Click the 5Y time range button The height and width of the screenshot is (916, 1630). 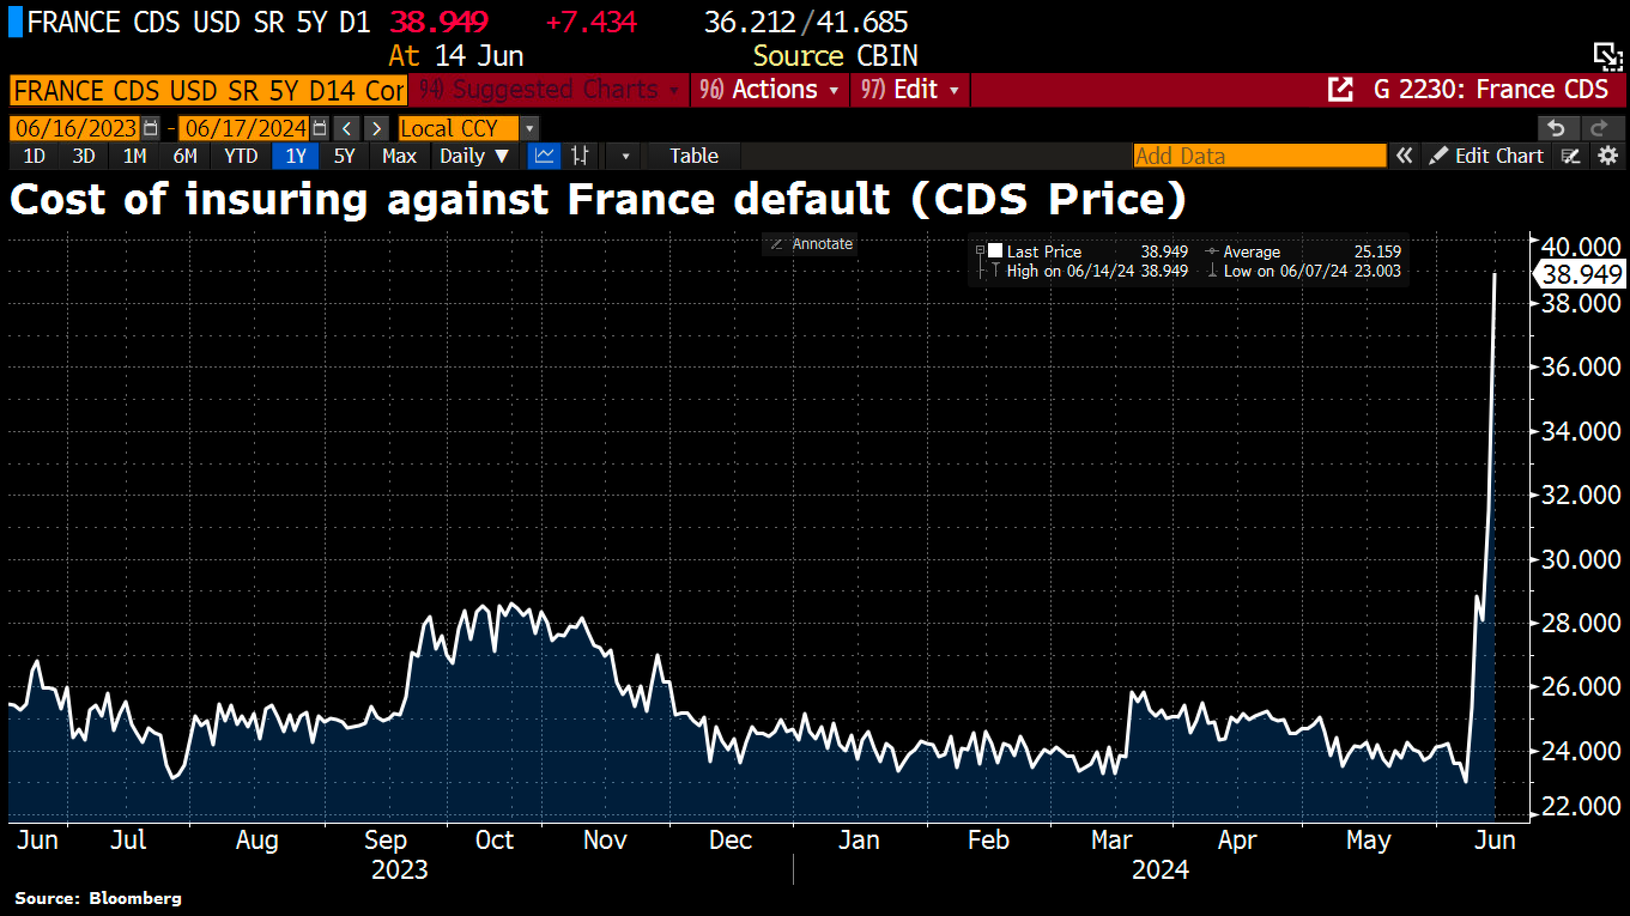[344, 156]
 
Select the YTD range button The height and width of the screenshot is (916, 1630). [241, 156]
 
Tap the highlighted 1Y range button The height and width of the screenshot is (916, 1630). [295, 156]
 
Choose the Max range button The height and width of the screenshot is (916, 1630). [399, 156]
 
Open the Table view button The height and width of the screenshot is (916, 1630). [693, 156]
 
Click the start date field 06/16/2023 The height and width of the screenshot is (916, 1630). [76, 128]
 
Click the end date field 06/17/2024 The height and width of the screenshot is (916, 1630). [246, 128]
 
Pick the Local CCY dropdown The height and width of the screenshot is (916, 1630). [458, 128]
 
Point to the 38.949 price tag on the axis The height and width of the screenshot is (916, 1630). [1581, 275]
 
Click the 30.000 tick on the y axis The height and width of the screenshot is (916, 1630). [1581, 559]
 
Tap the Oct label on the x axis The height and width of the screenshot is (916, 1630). [494, 840]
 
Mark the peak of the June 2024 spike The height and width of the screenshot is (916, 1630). [1495, 274]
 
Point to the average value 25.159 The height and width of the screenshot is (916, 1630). [1377, 252]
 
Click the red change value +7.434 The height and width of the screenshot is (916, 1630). [591, 23]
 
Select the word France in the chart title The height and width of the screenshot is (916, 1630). [640, 200]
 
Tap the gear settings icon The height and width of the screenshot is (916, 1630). [1608, 156]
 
